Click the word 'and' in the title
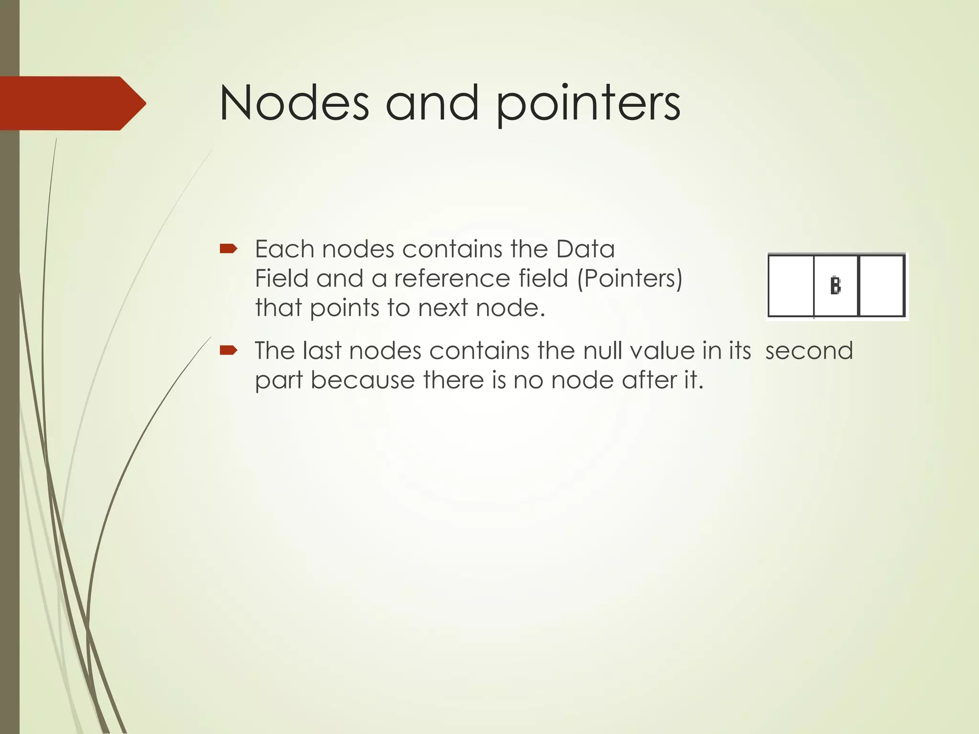(x=432, y=103)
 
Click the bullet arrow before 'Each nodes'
(x=228, y=248)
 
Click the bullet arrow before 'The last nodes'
(x=228, y=351)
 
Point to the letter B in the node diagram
(x=835, y=286)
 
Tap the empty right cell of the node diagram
(x=882, y=286)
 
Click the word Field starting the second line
(x=281, y=279)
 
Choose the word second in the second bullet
(x=809, y=351)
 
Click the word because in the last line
(x=362, y=380)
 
